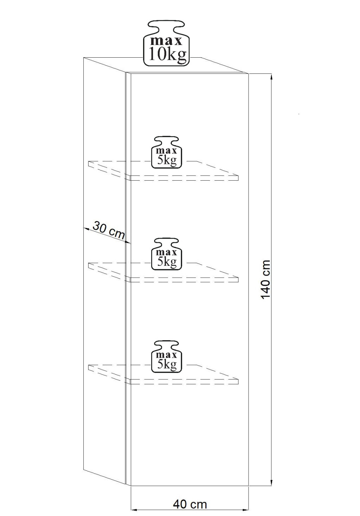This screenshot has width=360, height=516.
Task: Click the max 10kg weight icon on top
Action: click(166, 44)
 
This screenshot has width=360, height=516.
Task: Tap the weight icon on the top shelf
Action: click(167, 153)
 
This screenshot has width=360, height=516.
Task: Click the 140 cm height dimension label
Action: click(266, 280)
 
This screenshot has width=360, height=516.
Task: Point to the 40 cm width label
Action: click(190, 504)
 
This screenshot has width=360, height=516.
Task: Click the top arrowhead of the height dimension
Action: click(271, 76)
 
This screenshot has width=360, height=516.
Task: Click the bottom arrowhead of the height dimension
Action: click(271, 483)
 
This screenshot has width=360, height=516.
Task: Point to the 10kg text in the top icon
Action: click(167, 55)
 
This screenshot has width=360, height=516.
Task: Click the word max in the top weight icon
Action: click(166, 40)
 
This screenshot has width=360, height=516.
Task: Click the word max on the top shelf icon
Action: click(167, 151)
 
